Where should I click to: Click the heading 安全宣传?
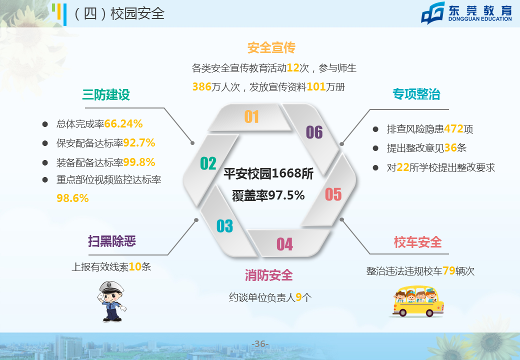(x=271, y=47)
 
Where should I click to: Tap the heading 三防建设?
(x=106, y=95)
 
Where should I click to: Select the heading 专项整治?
(x=416, y=94)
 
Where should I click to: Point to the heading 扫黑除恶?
(x=112, y=241)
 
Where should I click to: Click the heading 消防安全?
(x=268, y=275)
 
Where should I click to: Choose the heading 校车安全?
(x=417, y=242)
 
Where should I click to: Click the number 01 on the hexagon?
(x=251, y=116)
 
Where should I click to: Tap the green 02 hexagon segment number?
(x=208, y=163)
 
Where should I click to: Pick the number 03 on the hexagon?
(x=224, y=226)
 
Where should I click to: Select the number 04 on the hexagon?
(x=284, y=244)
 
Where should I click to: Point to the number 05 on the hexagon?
(x=333, y=194)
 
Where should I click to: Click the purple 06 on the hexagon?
(x=314, y=132)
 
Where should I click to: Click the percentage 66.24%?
(x=123, y=124)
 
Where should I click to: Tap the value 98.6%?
(x=72, y=198)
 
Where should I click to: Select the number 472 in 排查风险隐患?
(x=453, y=128)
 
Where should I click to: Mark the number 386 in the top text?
(x=201, y=87)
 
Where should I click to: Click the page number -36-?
(x=260, y=344)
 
